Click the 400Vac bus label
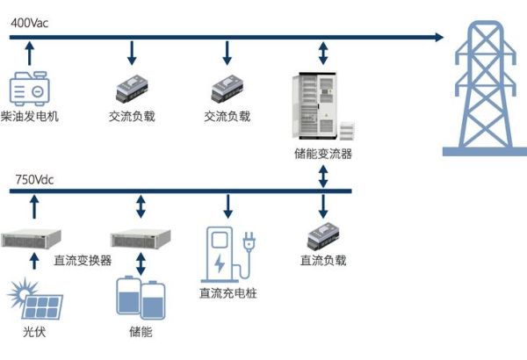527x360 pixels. pyautogui.click(x=29, y=23)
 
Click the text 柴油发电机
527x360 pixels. pyautogui.click(x=32, y=116)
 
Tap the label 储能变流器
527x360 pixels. pyautogui.click(x=323, y=154)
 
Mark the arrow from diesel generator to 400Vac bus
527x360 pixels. pyautogui.click(x=32, y=54)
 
